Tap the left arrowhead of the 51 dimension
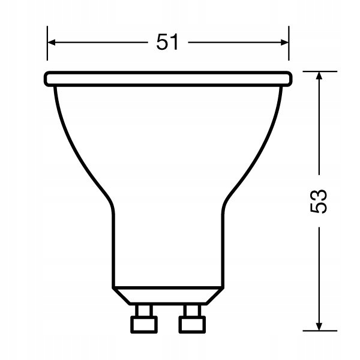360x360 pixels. click(x=52, y=43)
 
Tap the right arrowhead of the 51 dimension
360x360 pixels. click(x=284, y=43)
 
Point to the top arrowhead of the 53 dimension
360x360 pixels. click(x=319, y=75)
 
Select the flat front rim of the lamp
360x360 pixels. click(x=168, y=78)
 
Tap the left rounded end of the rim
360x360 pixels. click(x=47, y=78)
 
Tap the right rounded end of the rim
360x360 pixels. click(x=290, y=78)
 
